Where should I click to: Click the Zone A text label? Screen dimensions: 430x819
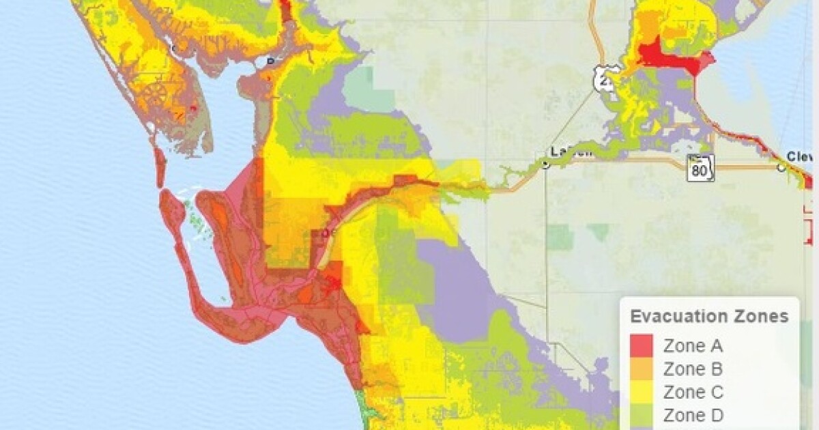pyautogui.click(x=693, y=346)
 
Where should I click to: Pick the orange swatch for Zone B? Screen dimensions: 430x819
pyautogui.click(x=642, y=369)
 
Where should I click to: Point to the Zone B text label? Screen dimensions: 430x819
pyautogui.click(x=693, y=369)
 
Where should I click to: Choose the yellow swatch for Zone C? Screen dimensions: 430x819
pyautogui.click(x=642, y=392)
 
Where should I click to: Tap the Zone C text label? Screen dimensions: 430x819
pyautogui.click(x=693, y=392)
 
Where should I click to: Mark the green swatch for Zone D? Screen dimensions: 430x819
pyautogui.click(x=642, y=415)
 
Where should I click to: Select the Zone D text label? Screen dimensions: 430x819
pyautogui.click(x=693, y=415)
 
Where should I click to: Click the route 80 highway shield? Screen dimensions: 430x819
pyautogui.click(x=700, y=168)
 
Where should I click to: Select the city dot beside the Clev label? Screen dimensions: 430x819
pyautogui.click(x=781, y=166)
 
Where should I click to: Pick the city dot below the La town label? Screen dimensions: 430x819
pyautogui.click(x=545, y=164)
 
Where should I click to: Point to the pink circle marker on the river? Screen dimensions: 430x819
pyautogui.click(x=326, y=233)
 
